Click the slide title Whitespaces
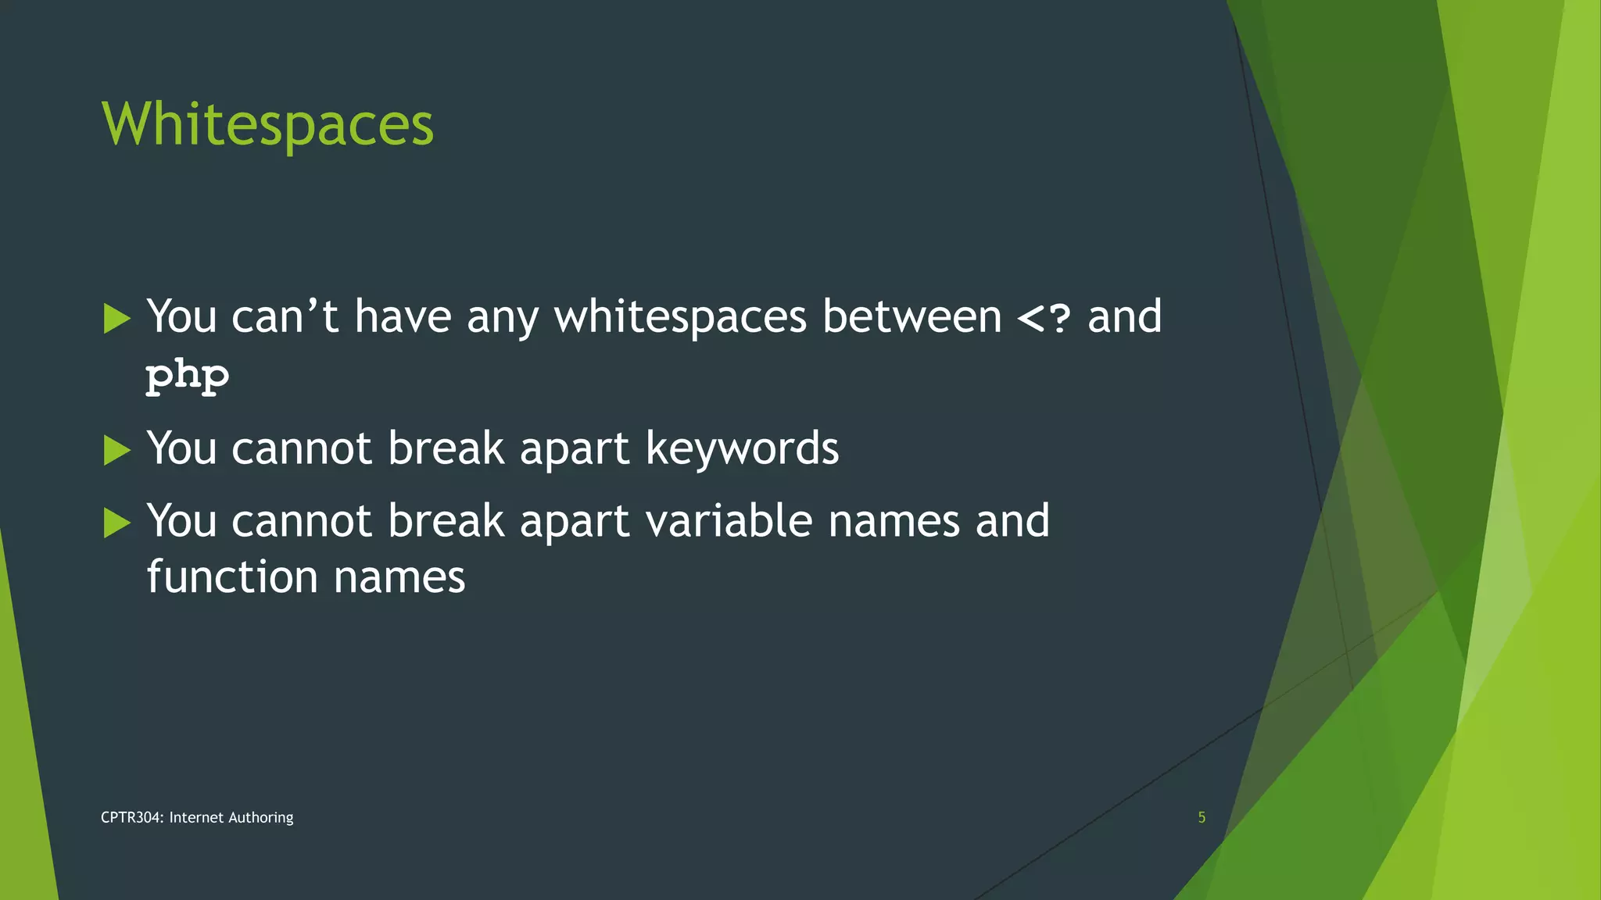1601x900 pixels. (267, 125)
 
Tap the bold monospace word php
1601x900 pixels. (188, 376)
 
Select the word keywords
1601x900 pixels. (742, 448)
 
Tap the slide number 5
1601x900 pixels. (1202, 817)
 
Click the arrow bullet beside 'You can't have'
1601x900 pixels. (116, 319)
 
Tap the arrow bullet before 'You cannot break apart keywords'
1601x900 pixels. (116, 450)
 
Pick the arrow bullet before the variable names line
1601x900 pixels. (116, 523)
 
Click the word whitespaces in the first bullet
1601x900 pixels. (680, 317)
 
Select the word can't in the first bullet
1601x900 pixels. (285, 316)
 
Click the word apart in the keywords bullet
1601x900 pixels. (575, 450)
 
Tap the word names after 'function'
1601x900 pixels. (399, 577)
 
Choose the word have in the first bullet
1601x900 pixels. (403, 316)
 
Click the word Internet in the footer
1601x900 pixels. (196, 817)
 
